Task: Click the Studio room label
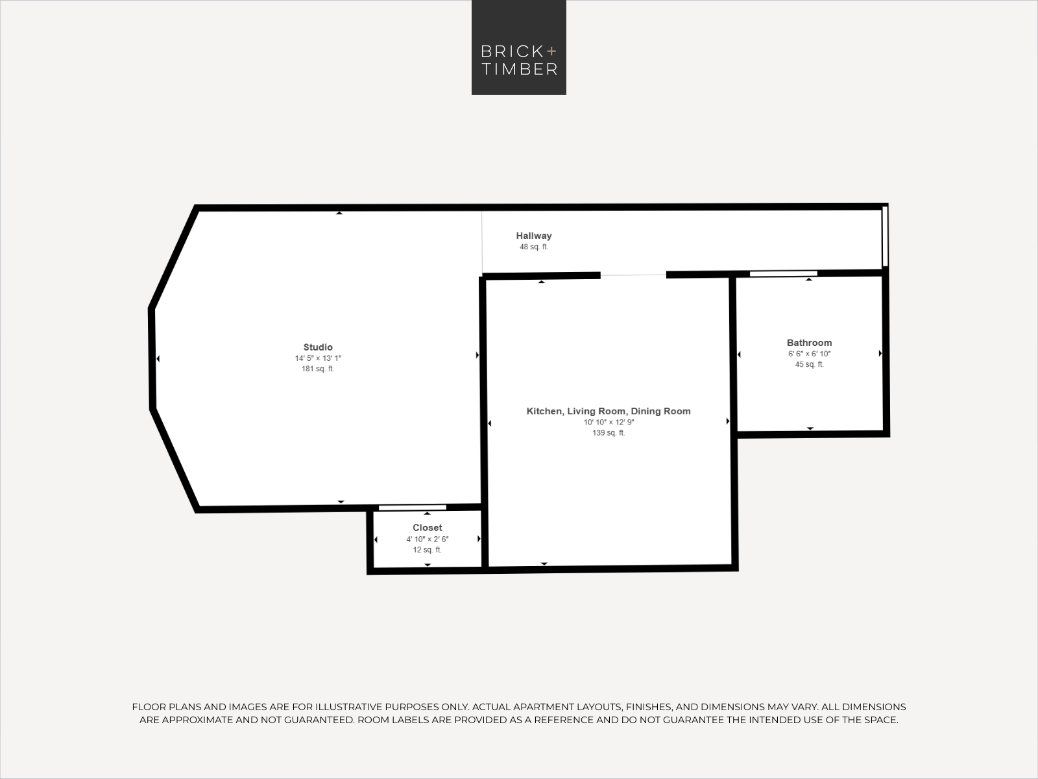coord(318,347)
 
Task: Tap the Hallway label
coord(534,236)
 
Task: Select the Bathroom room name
coord(809,343)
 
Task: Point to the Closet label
coord(427,527)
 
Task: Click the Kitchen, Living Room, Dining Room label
coord(609,412)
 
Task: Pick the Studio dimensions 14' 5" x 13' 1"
coord(318,358)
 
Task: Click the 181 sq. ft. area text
coord(318,369)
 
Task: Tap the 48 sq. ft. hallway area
coord(534,247)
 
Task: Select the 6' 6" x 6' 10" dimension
coord(809,354)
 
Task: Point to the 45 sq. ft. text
coord(809,365)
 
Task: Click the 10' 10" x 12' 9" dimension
coord(609,423)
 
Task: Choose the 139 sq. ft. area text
coord(609,433)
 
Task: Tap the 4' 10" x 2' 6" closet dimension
coord(427,539)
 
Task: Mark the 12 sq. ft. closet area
coord(427,550)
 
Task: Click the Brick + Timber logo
coord(519,47)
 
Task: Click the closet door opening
coord(413,508)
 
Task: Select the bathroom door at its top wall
coord(784,273)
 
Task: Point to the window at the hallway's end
coord(885,236)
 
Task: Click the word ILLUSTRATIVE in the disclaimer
coord(352,707)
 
